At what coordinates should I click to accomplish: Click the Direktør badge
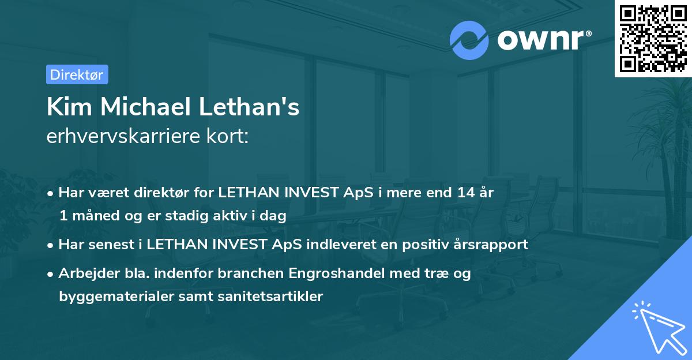tap(77, 74)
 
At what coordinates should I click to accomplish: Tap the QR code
tap(653, 38)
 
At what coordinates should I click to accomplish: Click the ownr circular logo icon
tap(469, 39)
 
